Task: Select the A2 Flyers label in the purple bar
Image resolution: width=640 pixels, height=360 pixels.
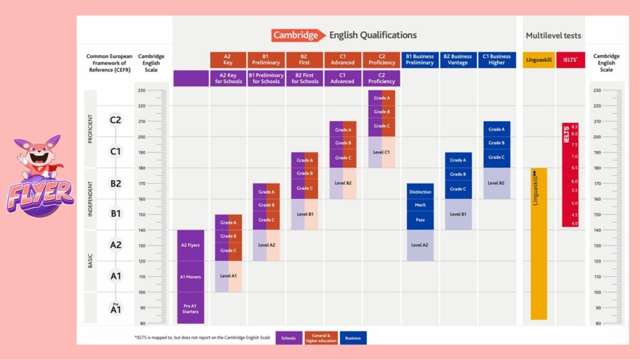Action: click(x=190, y=245)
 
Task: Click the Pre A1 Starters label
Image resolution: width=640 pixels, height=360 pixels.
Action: click(x=190, y=308)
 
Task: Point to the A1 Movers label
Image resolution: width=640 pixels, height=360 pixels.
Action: click(x=190, y=277)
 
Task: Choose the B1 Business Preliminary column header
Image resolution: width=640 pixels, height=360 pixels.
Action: click(x=419, y=60)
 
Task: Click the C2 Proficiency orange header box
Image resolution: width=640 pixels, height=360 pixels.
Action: click(x=381, y=60)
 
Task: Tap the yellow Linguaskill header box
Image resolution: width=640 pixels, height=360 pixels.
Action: click(x=539, y=60)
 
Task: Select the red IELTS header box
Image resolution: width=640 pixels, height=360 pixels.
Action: click(x=571, y=60)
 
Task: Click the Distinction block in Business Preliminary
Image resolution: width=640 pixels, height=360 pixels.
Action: click(x=419, y=191)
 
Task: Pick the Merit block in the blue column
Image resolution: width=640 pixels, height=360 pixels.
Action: click(x=419, y=205)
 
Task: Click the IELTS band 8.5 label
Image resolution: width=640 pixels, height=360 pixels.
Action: click(x=574, y=126)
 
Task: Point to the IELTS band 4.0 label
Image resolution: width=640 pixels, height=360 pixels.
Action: click(x=574, y=223)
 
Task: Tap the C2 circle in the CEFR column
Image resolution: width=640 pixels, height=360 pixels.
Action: click(x=115, y=120)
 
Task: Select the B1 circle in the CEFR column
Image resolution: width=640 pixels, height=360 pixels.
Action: click(x=115, y=214)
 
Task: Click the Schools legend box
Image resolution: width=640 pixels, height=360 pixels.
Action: click(x=289, y=337)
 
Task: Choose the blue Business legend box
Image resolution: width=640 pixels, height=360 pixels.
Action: click(x=353, y=337)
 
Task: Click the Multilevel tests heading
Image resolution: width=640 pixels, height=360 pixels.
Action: click(x=553, y=36)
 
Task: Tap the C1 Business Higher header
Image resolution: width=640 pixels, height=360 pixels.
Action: click(x=497, y=60)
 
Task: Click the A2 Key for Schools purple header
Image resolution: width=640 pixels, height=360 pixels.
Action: click(x=228, y=78)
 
